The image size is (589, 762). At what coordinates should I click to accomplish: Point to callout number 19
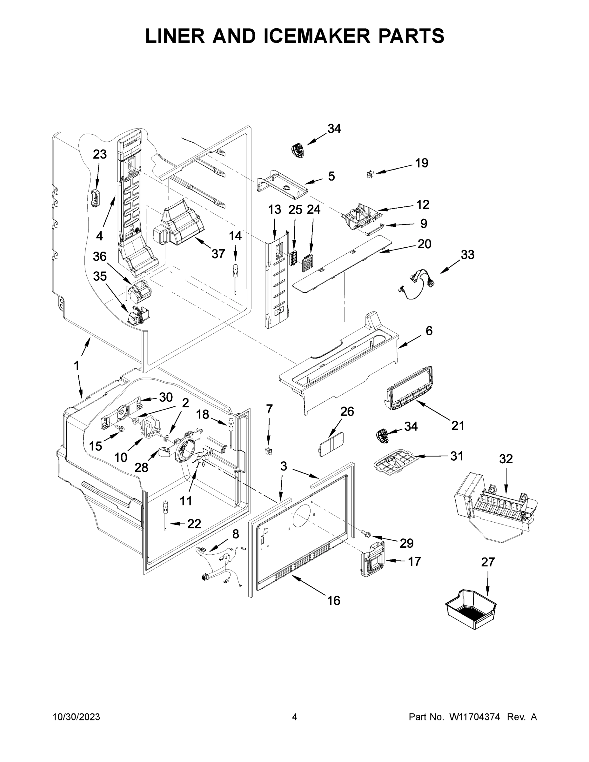(x=422, y=163)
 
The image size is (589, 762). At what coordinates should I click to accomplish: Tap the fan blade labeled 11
(x=201, y=458)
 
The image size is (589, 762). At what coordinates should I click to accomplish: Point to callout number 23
(x=99, y=154)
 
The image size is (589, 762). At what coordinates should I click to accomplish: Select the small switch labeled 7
(x=268, y=451)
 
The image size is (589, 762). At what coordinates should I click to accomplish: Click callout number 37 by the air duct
(x=218, y=254)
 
